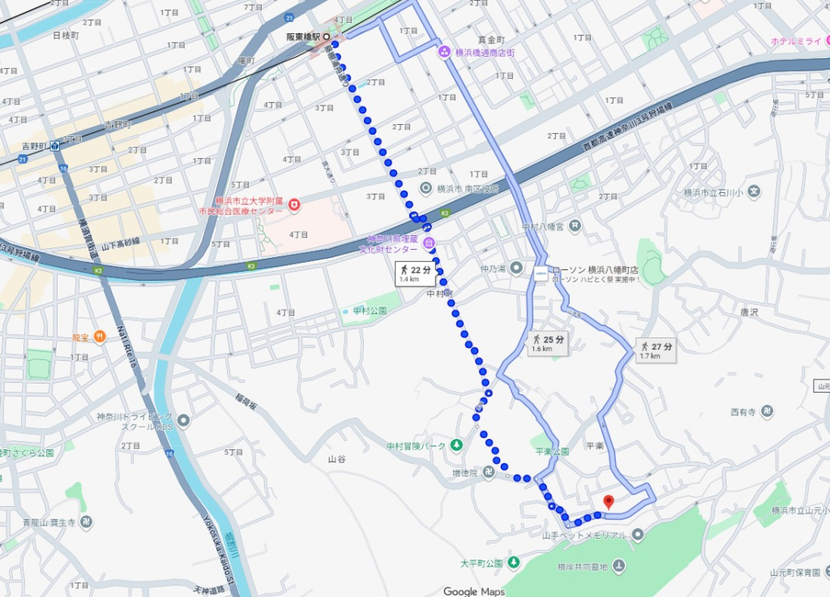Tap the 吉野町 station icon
click(x=54, y=147)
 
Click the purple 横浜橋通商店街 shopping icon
click(x=444, y=53)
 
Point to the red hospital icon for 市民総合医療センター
click(x=294, y=204)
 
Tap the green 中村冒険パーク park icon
click(x=456, y=445)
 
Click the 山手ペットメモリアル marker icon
click(x=638, y=535)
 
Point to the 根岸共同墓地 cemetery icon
click(x=619, y=565)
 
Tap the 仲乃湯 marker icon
click(x=516, y=268)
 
